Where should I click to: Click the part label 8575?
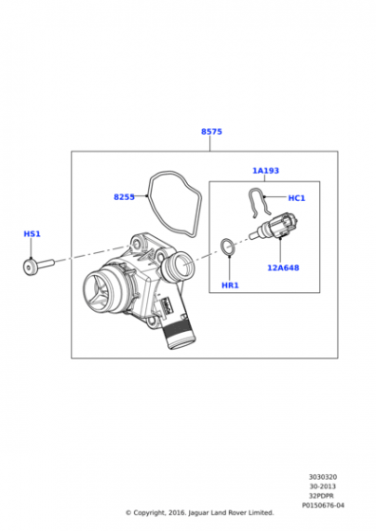(x=212, y=132)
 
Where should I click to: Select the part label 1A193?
(x=266, y=171)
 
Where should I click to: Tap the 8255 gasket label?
(x=123, y=197)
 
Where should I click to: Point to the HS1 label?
(x=32, y=233)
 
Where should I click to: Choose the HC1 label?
(x=296, y=198)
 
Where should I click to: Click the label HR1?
(x=230, y=285)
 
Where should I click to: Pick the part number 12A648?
(x=283, y=267)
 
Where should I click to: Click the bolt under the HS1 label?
(x=38, y=266)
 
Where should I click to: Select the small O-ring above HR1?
(x=228, y=247)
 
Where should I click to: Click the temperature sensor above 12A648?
(x=275, y=227)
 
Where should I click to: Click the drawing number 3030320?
(x=323, y=477)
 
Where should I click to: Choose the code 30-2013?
(x=323, y=486)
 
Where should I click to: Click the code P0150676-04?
(x=323, y=505)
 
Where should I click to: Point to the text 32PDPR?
(x=322, y=496)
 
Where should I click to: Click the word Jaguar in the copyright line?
(x=199, y=513)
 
